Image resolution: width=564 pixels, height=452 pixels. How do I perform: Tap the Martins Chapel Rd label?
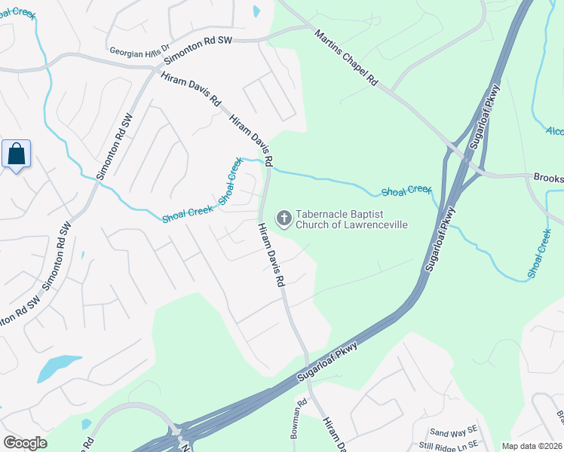pyautogui.click(x=345, y=58)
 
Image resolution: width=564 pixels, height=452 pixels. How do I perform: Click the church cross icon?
pyautogui.click(x=284, y=219)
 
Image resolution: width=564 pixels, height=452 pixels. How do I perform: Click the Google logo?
pyautogui.click(x=25, y=443)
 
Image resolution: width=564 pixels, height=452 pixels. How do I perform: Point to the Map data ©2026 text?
pyautogui.click(x=532, y=446)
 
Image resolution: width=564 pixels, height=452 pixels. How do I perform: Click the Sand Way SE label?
pyautogui.click(x=454, y=432)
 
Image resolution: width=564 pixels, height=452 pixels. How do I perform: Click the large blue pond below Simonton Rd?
pyautogui.click(x=58, y=368)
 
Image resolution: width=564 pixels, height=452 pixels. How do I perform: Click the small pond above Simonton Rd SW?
pyautogui.click(x=256, y=11)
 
